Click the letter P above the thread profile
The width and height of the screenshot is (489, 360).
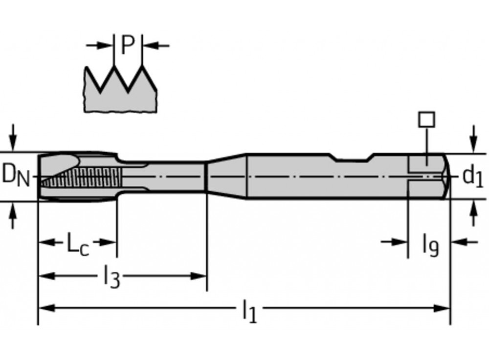(x=127, y=45)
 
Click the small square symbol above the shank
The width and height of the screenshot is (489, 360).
(x=427, y=119)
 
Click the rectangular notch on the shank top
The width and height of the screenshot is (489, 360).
(x=351, y=157)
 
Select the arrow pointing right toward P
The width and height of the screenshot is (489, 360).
(x=105, y=45)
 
